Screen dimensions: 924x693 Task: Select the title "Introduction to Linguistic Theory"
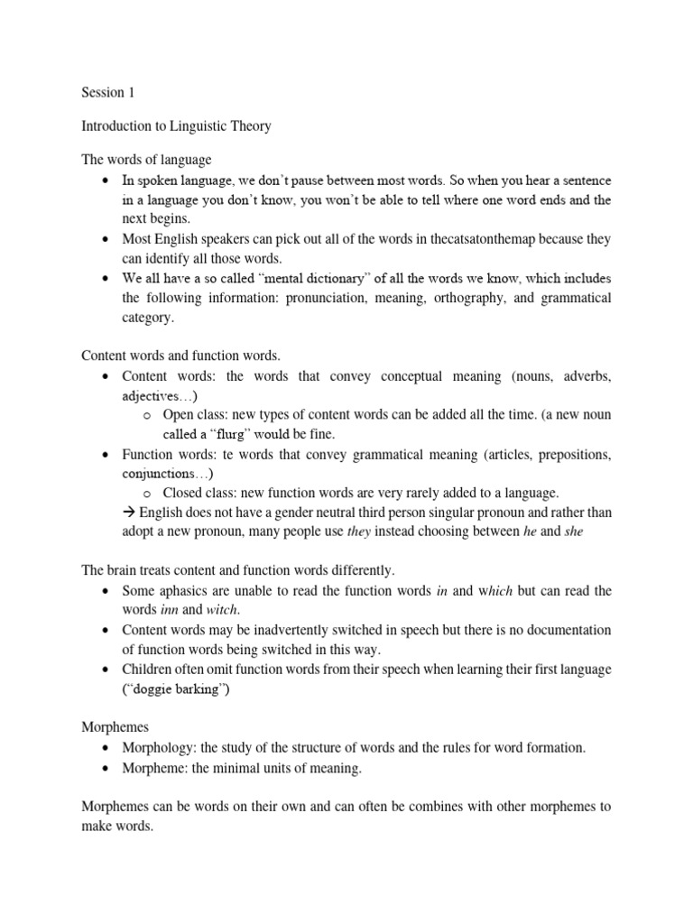[x=176, y=126]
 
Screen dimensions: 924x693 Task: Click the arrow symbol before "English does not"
[x=127, y=513]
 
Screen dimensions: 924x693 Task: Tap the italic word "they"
[x=360, y=532]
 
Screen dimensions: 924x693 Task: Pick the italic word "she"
[x=573, y=532]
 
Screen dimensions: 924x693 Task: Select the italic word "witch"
[x=222, y=611]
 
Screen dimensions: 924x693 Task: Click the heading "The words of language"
[x=146, y=160]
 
